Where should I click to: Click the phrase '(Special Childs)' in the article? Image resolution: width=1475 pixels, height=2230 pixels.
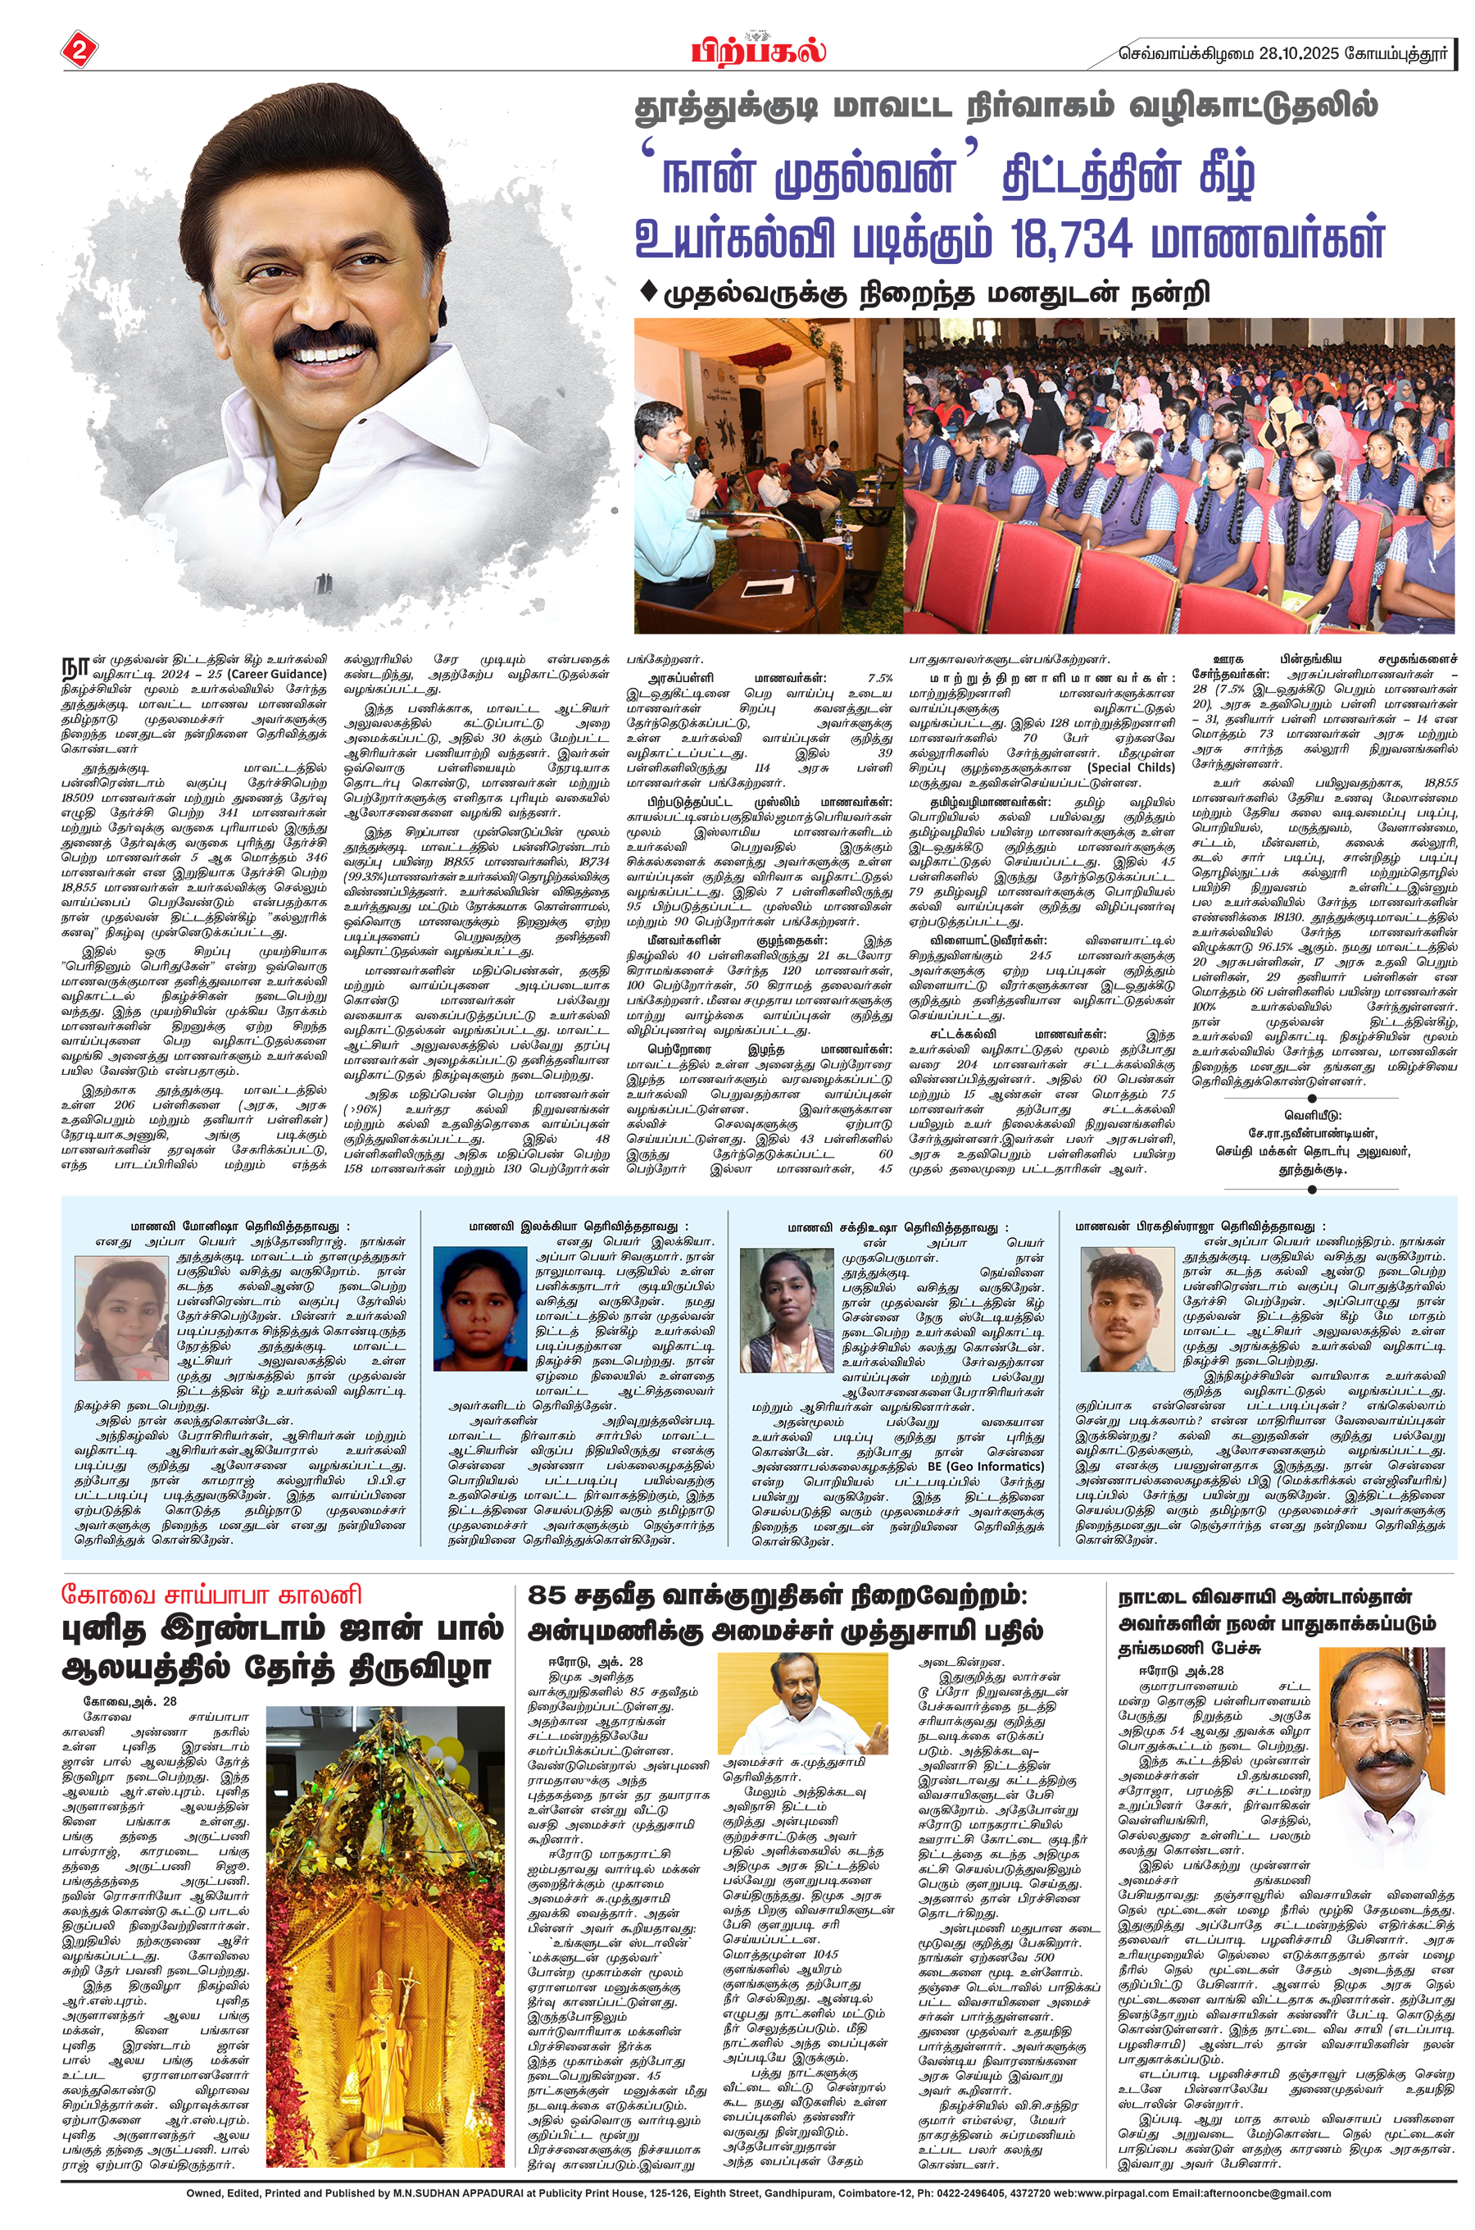coord(1131,767)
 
